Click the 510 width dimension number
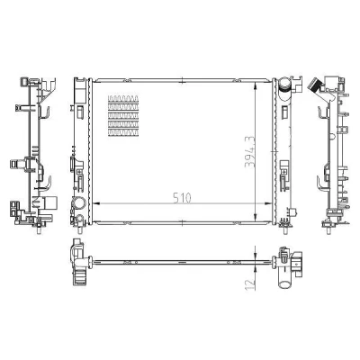(x=182, y=198)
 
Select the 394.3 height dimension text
(x=249, y=152)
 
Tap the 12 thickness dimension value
(x=250, y=284)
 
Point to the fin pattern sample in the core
(x=123, y=116)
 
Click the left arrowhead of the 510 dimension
(x=96, y=203)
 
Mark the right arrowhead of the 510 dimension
(x=267, y=203)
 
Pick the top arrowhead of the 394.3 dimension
(x=256, y=86)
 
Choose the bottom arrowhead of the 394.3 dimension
(x=256, y=217)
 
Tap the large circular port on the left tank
(x=78, y=203)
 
